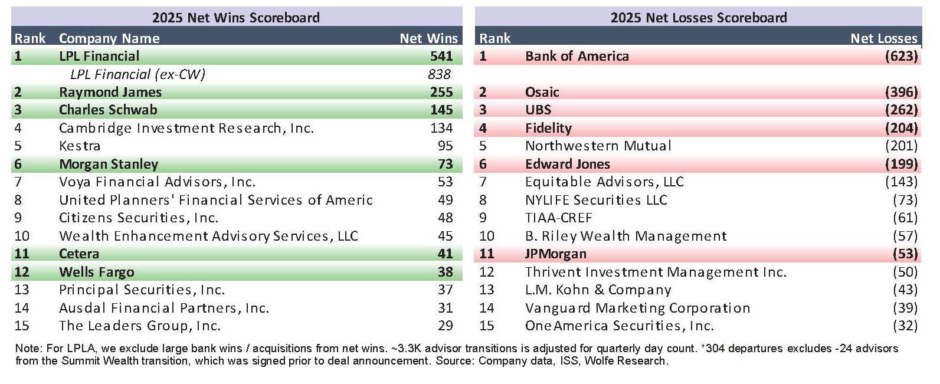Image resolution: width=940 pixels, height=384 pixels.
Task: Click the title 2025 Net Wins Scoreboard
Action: point(235,17)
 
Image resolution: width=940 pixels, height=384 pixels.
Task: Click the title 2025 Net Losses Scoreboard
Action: point(698,17)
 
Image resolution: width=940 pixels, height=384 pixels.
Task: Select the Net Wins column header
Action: point(428,38)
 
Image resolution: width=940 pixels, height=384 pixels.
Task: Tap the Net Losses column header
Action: point(883,38)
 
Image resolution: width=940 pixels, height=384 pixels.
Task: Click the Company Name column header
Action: point(109,38)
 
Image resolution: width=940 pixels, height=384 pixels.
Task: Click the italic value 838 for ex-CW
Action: point(439,74)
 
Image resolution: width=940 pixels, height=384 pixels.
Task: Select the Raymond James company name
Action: point(110,92)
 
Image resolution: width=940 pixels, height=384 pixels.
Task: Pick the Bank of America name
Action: point(577,56)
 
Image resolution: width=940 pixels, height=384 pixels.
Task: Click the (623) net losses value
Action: point(901,56)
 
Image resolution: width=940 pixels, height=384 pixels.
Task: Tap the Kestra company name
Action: point(80,146)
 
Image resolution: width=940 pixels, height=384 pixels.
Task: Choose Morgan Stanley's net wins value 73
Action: point(445,164)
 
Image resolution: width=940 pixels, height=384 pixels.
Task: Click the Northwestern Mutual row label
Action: point(598,146)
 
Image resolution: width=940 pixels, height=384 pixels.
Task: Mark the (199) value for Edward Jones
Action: point(901,164)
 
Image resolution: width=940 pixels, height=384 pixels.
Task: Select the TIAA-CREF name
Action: point(558,218)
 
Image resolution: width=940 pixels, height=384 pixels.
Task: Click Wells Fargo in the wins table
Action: point(96,272)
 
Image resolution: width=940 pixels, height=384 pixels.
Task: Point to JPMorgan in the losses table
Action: point(555,254)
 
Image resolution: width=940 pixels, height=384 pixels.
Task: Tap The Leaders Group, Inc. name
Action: point(139,326)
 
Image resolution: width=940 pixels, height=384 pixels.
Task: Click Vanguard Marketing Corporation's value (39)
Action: point(905,308)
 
